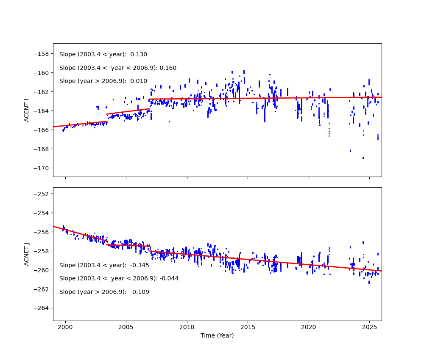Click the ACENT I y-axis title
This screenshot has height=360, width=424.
pyautogui.click(x=26, y=110)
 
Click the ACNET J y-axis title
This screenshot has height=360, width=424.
pyautogui.click(x=26, y=254)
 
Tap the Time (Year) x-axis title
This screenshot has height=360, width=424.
pyautogui.click(x=217, y=335)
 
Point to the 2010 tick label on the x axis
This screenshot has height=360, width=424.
pyautogui.click(x=187, y=327)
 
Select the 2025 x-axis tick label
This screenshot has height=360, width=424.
pyautogui.click(x=369, y=327)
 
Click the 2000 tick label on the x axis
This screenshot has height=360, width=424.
pyautogui.click(x=65, y=327)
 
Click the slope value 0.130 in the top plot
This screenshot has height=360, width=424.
pyautogui.click(x=139, y=55)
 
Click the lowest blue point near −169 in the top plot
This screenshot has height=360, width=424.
pyautogui.click(x=363, y=158)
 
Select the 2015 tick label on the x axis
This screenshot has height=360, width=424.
pyautogui.click(x=247, y=327)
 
